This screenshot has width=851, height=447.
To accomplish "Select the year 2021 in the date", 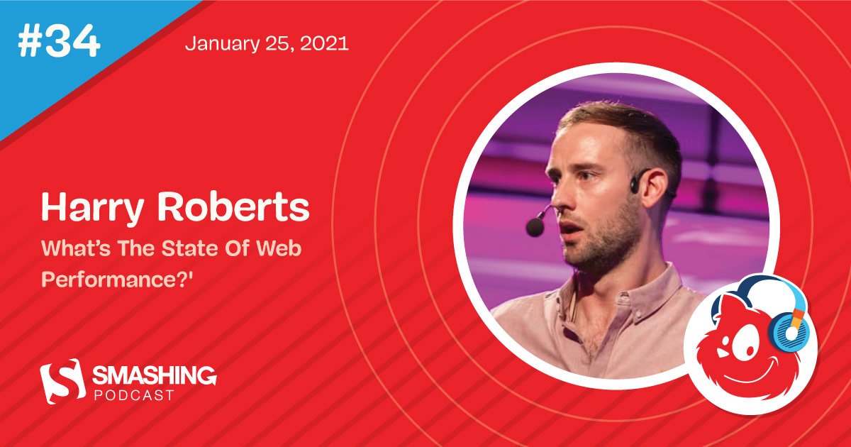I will coord(326,44).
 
